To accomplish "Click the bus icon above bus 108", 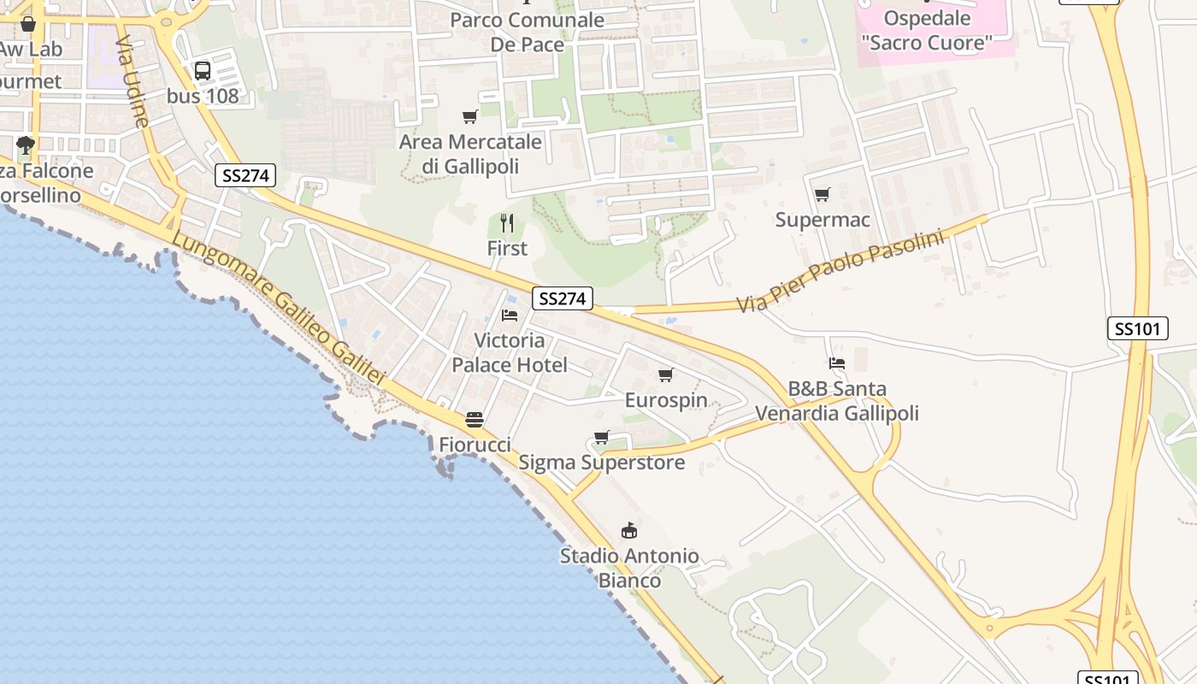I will pos(203,71).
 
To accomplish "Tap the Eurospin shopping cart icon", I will pos(666,374).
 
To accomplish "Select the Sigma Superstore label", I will pos(601,463).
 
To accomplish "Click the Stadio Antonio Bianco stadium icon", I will pos(629,531).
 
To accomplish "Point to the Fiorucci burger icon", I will pos(475,420).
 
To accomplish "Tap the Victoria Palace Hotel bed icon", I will pos(510,315).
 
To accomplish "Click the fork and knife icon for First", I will pos(507,223).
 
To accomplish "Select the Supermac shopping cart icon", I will pos(822,195).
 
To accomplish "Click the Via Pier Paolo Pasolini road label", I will pos(840,269).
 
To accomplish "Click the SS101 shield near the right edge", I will pos(1138,328).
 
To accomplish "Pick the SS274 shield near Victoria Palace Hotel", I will pos(562,298).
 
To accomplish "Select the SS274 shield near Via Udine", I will pos(245,175).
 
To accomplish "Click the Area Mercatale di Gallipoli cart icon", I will pos(469,117).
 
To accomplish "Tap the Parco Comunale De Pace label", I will pos(527,32).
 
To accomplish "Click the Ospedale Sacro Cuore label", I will pos(927,30).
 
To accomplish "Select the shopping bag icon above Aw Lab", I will pos(27,24).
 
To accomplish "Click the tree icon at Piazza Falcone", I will pos(26,144).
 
